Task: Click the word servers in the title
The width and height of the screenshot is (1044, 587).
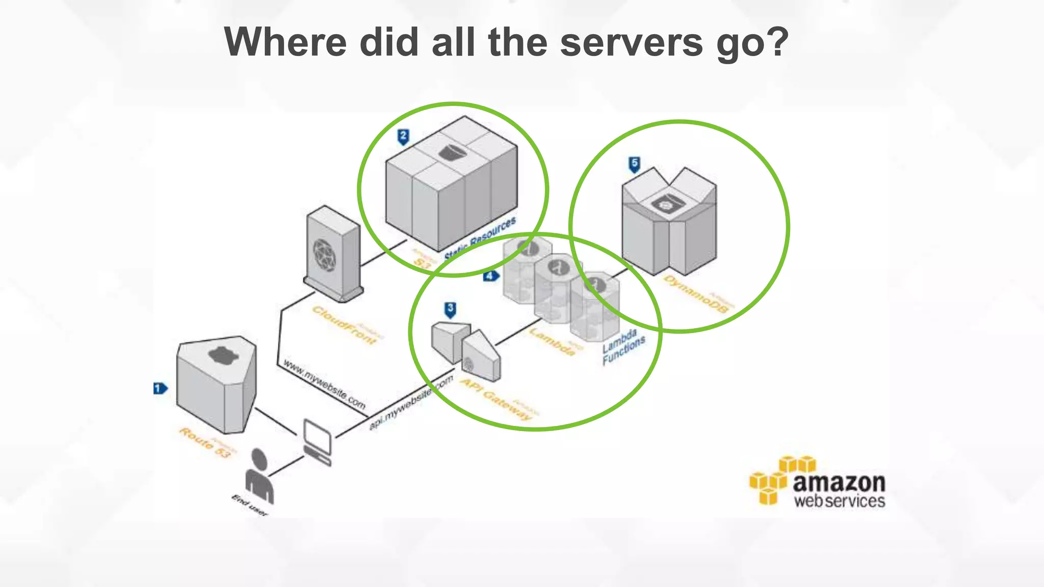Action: click(631, 42)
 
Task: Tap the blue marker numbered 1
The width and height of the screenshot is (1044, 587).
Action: click(160, 388)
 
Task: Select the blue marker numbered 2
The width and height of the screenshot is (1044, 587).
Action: click(403, 137)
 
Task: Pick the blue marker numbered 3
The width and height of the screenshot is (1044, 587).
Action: click(450, 309)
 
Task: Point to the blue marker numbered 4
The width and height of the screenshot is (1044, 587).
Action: click(490, 276)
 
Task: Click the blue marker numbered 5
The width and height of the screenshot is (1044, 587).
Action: click(634, 164)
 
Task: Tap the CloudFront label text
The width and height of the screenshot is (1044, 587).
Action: click(345, 325)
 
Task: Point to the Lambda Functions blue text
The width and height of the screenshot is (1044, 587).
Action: click(623, 346)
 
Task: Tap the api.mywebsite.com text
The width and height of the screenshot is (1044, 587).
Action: click(411, 403)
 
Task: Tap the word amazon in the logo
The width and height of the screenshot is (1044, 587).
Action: click(839, 482)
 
